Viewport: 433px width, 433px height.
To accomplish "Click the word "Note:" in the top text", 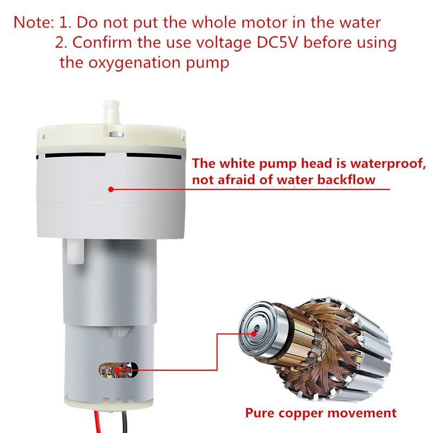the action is (x=34, y=22).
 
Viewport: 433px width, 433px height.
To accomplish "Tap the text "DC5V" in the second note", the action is (x=278, y=43).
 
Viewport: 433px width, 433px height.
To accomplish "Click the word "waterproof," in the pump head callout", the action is (x=388, y=163).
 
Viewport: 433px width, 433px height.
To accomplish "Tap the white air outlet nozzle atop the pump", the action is (x=111, y=113).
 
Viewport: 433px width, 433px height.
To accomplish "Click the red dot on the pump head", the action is (x=111, y=189).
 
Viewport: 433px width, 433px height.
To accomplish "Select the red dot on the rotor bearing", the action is (x=254, y=333).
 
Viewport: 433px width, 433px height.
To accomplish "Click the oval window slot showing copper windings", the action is (x=118, y=370).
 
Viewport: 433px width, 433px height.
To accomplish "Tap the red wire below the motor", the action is (x=97, y=422).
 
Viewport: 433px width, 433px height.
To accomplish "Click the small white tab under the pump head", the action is (x=75, y=251).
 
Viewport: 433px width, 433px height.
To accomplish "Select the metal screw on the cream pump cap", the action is (x=116, y=134).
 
